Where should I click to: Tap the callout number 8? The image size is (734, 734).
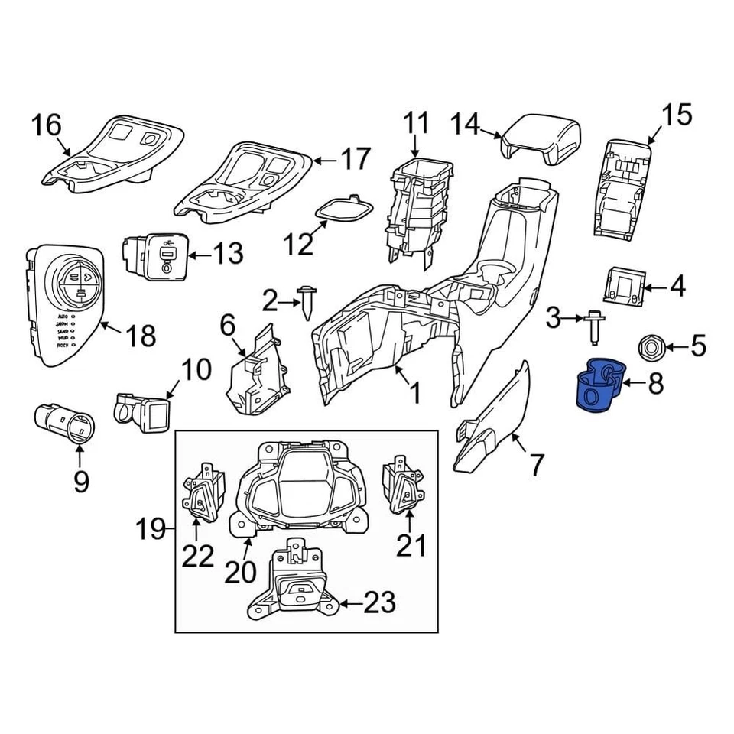(x=655, y=384)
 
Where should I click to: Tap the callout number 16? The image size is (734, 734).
(x=46, y=125)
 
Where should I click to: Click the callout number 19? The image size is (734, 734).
(x=151, y=528)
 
